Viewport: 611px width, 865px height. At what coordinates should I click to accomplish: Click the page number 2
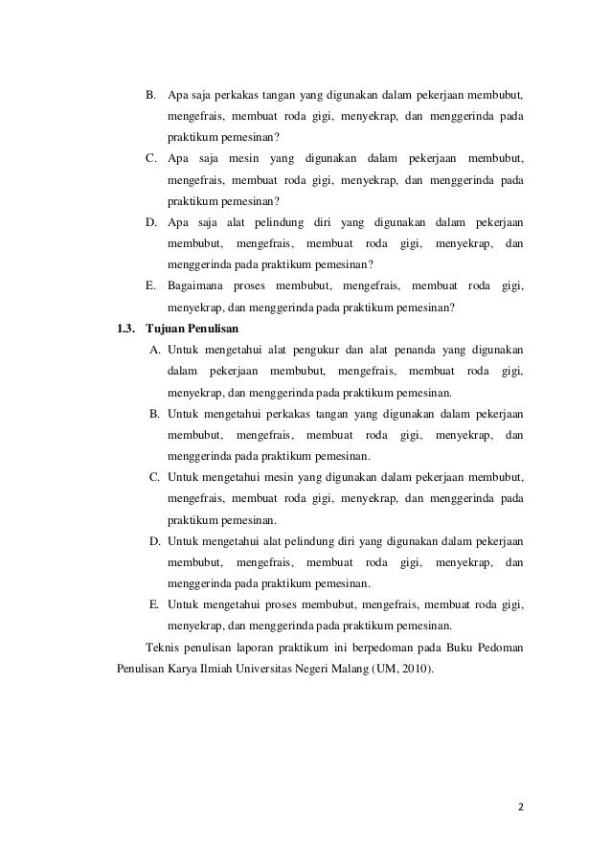(x=520, y=807)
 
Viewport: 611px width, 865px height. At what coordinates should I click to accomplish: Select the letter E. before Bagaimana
(x=150, y=286)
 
